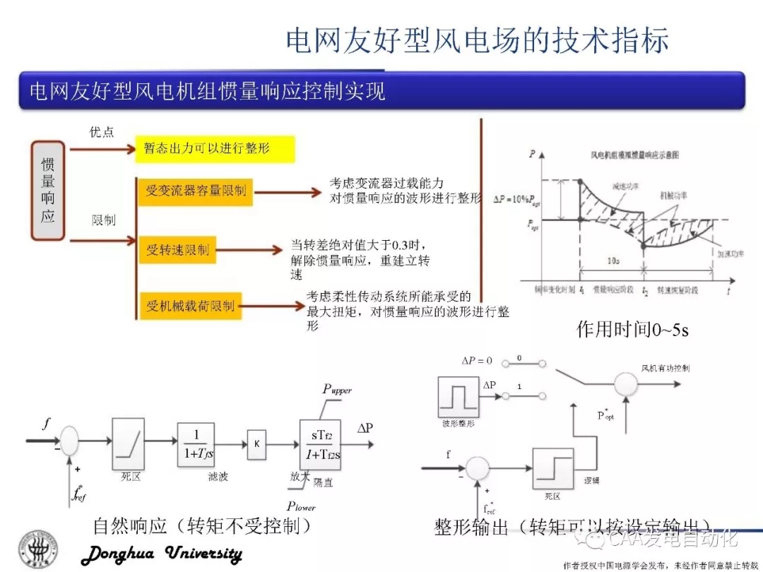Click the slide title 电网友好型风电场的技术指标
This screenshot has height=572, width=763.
(477, 40)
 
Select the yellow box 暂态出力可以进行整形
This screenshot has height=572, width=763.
(214, 149)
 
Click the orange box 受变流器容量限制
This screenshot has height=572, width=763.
(196, 191)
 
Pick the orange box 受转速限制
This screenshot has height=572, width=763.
(178, 249)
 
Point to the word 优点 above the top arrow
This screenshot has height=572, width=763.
(102, 132)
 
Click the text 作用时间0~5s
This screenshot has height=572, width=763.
(632, 328)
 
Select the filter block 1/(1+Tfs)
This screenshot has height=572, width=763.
(196, 443)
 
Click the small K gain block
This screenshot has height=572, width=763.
(256, 444)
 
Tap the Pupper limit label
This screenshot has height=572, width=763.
(337, 390)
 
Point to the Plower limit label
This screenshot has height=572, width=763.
(301, 506)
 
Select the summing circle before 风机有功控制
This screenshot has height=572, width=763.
(625, 383)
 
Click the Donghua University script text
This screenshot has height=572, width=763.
(162, 554)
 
